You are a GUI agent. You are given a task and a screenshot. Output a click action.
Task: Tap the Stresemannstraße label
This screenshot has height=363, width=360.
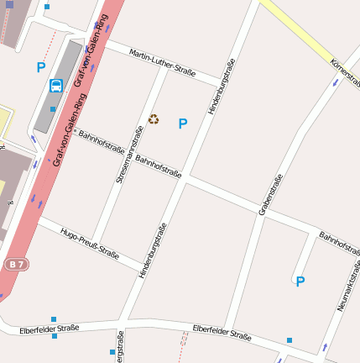coord(130,154)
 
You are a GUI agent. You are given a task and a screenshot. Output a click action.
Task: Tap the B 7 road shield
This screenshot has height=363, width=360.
coord(16,265)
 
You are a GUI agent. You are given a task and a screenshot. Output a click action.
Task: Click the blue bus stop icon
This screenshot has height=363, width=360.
coord(56,86)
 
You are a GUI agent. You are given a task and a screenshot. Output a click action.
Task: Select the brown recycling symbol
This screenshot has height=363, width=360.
coord(154,119)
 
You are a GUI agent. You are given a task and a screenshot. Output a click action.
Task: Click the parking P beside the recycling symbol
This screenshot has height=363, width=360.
coord(183,124)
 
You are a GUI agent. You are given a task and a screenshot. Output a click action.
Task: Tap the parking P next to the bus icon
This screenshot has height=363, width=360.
coord(41,67)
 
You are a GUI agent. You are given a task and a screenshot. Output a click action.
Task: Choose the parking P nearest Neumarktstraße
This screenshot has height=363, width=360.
coord(300,281)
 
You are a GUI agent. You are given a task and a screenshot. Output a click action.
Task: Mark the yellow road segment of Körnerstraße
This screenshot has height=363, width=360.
coord(298,34)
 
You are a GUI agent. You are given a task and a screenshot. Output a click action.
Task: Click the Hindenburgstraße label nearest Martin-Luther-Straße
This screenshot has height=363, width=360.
coord(222,86)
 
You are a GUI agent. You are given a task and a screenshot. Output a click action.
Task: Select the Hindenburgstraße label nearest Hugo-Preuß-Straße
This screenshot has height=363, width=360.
coord(154,250)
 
